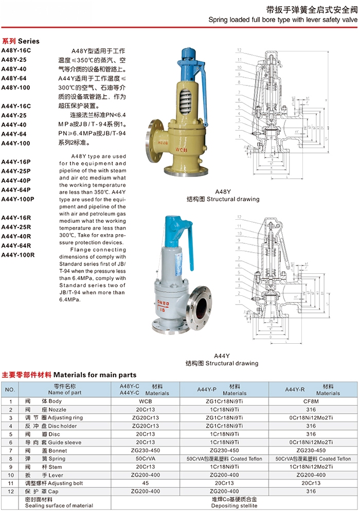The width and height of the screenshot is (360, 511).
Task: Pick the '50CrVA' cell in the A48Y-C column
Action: coord(144,459)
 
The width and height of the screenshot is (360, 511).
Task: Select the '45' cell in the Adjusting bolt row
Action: coord(144,483)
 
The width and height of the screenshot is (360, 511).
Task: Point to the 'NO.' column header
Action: coord(10,389)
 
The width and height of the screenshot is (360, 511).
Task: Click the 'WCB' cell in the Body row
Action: coord(144,401)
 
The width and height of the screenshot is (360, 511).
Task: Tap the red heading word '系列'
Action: coord(9,41)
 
